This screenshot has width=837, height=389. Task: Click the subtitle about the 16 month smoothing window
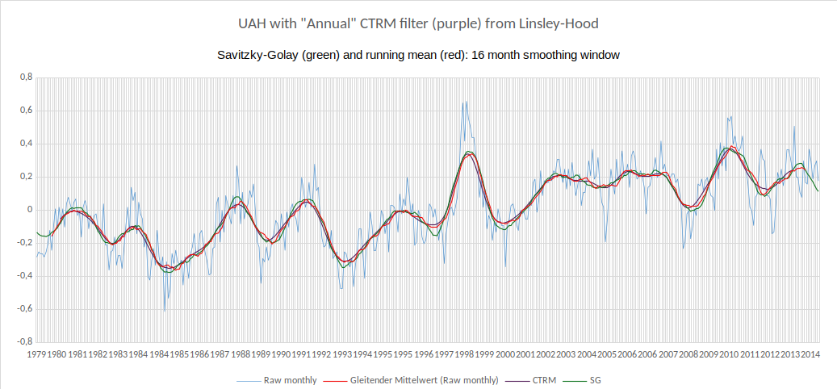tap(417, 55)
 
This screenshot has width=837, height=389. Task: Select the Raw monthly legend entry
tap(286, 379)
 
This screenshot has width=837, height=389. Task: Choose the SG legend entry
tap(596, 379)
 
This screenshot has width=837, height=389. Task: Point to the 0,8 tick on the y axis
tap(26, 77)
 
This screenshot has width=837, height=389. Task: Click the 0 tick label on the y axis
tap(29, 209)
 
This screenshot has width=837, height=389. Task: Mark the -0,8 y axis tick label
tap(24, 341)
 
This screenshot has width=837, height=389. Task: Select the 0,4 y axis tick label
tap(26, 144)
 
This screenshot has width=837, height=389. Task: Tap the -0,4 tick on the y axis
tap(24, 275)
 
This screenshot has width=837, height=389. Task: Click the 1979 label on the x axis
tap(36, 354)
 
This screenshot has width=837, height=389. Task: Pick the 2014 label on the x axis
tap(811, 354)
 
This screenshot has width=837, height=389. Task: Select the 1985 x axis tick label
tap(179, 354)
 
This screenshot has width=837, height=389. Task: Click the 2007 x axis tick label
tap(668, 354)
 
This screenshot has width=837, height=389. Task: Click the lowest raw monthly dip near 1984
tap(165, 311)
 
